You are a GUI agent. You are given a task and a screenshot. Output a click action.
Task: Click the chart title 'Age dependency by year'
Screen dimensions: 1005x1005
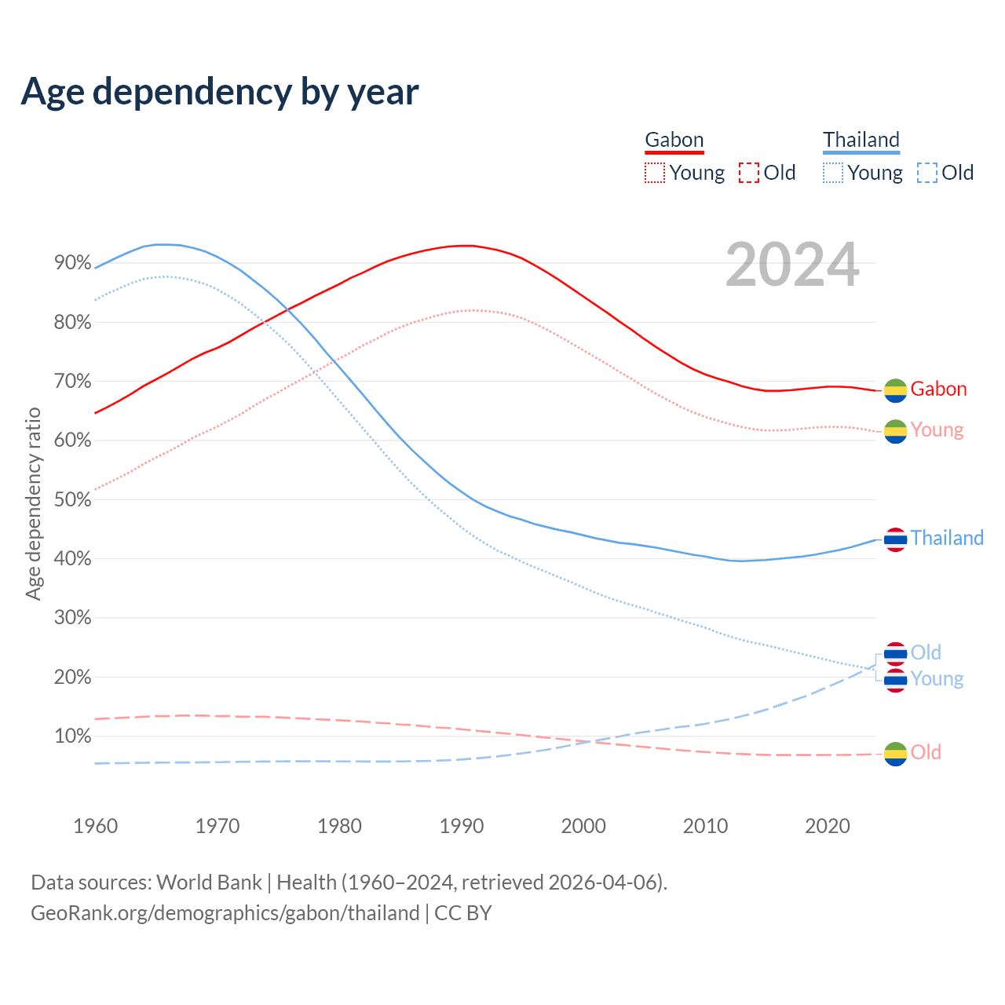click(x=220, y=92)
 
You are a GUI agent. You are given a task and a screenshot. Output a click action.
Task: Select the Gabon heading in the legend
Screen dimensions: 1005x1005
click(x=674, y=141)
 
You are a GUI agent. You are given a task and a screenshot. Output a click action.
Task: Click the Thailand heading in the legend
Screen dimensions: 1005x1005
click(x=861, y=141)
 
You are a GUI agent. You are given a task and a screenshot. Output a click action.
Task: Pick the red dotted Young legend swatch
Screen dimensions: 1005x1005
click(x=654, y=173)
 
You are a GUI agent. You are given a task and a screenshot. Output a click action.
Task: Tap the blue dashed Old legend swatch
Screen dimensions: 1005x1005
click(x=926, y=173)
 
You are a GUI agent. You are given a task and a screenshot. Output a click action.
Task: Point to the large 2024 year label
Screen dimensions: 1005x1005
click(x=792, y=265)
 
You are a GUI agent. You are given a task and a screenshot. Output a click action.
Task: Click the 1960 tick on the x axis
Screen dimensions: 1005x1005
click(x=95, y=826)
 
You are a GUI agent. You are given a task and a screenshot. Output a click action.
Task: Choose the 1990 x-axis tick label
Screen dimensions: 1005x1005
click(x=462, y=826)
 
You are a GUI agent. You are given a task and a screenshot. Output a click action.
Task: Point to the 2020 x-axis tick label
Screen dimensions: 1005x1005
click(x=828, y=826)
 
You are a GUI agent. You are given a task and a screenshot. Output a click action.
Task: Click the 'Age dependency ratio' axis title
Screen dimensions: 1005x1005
click(x=33, y=503)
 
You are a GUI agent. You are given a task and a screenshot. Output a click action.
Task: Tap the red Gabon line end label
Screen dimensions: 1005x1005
click(x=938, y=389)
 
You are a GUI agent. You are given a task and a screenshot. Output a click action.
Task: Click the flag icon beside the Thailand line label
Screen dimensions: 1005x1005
click(x=895, y=539)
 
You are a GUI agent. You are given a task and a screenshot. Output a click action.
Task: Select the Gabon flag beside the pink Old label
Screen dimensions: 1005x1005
click(x=895, y=754)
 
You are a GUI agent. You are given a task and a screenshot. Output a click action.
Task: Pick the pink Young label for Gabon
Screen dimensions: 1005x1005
click(x=937, y=430)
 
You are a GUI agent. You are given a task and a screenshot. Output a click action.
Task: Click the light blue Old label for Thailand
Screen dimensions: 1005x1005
click(x=926, y=652)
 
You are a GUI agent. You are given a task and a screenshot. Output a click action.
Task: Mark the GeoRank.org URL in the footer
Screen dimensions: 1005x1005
click(x=225, y=913)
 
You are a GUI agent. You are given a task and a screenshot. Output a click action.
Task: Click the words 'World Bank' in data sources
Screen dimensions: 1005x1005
click(x=209, y=883)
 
